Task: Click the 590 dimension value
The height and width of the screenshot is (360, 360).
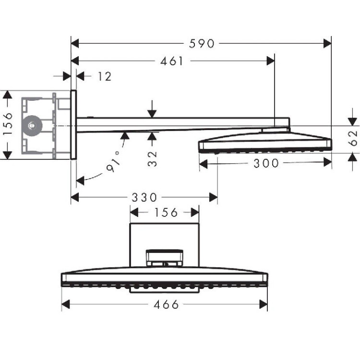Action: tap(202, 44)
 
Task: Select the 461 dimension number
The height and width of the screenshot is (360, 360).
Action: tap(172, 61)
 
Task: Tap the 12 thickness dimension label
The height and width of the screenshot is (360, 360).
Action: tap(105, 76)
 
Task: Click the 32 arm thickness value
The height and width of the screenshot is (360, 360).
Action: tap(152, 159)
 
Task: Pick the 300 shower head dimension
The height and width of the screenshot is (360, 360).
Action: tap(266, 164)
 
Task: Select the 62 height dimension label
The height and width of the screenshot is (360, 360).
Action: tap(353, 138)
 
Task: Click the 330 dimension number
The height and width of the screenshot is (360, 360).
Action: tap(144, 197)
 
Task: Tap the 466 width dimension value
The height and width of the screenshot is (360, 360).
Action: tap(166, 305)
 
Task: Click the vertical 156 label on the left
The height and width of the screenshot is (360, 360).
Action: tap(8, 124)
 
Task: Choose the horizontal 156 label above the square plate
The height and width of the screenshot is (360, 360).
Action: tap(166, 213)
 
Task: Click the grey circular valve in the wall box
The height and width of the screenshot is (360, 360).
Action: tap(32, 126)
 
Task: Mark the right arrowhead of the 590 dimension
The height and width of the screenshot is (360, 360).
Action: tap(327, 43)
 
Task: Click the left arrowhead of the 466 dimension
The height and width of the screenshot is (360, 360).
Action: tap(66, 304)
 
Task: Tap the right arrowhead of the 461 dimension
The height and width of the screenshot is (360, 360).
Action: tap(271, 61)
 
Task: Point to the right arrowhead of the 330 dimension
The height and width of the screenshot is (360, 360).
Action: tap(214, 197)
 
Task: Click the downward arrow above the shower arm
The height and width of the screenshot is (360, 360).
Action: tap(152, 109)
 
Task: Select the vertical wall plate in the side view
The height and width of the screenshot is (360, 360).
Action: tap(73, 125)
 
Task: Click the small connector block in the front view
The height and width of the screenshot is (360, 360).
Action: tap(165, 258)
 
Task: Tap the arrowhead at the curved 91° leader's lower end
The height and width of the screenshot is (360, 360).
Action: tap(80, 180)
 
